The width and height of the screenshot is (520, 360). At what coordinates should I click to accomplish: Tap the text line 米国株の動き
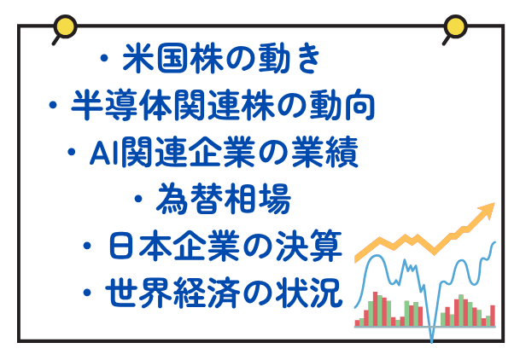click(x=221, y=59)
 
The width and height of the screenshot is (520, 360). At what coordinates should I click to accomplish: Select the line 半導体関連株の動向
click(x=223, y=105)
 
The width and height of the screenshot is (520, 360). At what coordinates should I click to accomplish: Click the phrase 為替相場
click(x=223, y=199)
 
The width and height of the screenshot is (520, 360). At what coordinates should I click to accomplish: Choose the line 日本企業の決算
click(x=225, y=246)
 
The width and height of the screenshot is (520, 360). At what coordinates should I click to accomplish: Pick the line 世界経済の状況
click(x=225, y=293)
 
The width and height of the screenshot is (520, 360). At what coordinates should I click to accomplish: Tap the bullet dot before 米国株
click(x=104, y=59)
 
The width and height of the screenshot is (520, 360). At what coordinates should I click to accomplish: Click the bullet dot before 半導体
click(x=53, y=105)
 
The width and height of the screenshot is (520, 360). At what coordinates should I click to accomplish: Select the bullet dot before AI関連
click(x=72, y=153)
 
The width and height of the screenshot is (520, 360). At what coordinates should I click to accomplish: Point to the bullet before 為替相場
click(x=138, y=199)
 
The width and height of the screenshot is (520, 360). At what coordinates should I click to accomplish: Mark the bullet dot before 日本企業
click(x=87, y=246)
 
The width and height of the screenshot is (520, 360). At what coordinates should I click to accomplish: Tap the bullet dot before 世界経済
click(x=87, y=293)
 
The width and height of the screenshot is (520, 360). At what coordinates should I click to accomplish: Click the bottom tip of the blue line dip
click(x=432, y=342)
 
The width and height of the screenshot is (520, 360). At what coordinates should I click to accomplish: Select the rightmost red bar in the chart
click(x=493, y=316)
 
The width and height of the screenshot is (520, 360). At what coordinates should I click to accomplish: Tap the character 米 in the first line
click(x=138, y=59)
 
